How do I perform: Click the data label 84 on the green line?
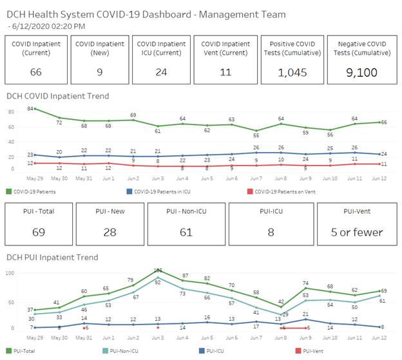30,109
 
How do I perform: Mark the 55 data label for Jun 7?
256,135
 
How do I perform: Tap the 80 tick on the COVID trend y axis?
11,112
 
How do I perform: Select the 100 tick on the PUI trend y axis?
10,273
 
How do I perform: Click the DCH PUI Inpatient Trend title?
52,258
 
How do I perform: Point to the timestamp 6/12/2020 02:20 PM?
48,26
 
